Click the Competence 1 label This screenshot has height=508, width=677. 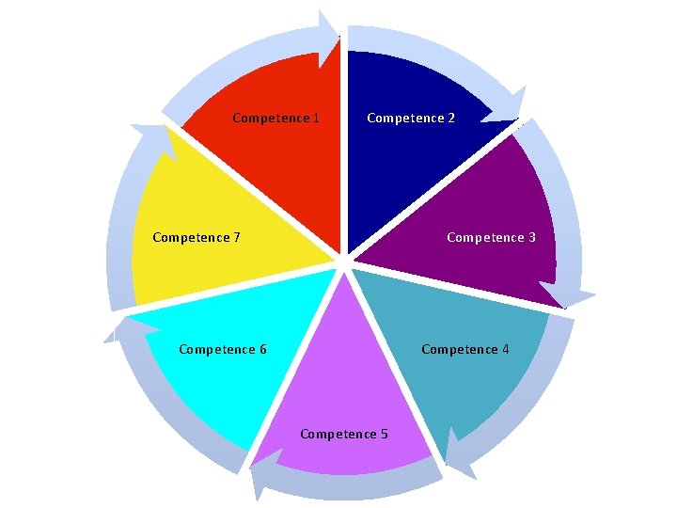[x=276, y=119]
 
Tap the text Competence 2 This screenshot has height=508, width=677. [x=411, y=119]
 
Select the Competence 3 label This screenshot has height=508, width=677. [x=491, y=238]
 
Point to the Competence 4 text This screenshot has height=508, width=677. [x=465, y=350]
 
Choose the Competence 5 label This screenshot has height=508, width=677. [x=343, y=435]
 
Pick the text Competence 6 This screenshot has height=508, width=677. [x=222, y=350]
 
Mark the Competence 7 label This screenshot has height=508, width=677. [x=196, y=238]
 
